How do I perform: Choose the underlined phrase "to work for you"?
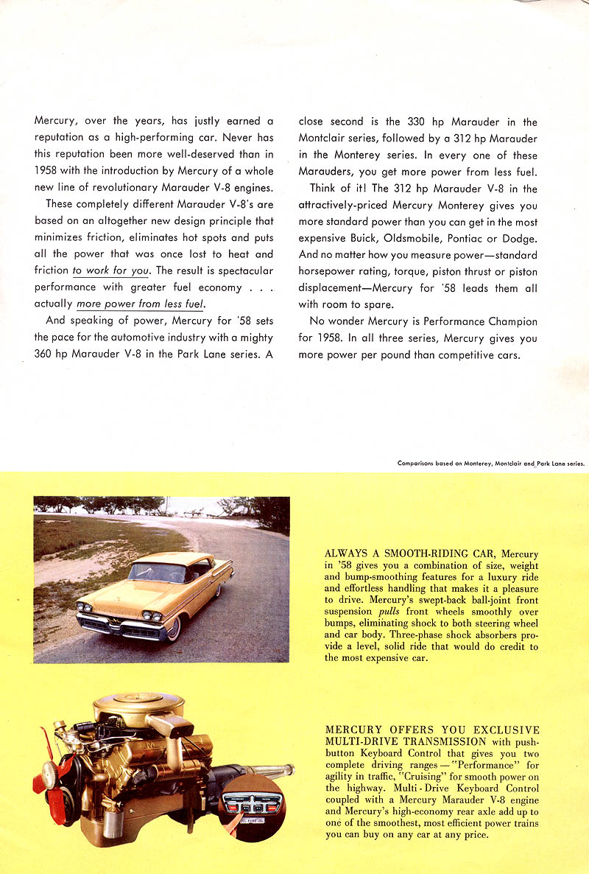click(110, 270)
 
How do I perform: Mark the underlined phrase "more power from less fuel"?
click(140, 303)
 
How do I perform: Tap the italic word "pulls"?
click(389, 612)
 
